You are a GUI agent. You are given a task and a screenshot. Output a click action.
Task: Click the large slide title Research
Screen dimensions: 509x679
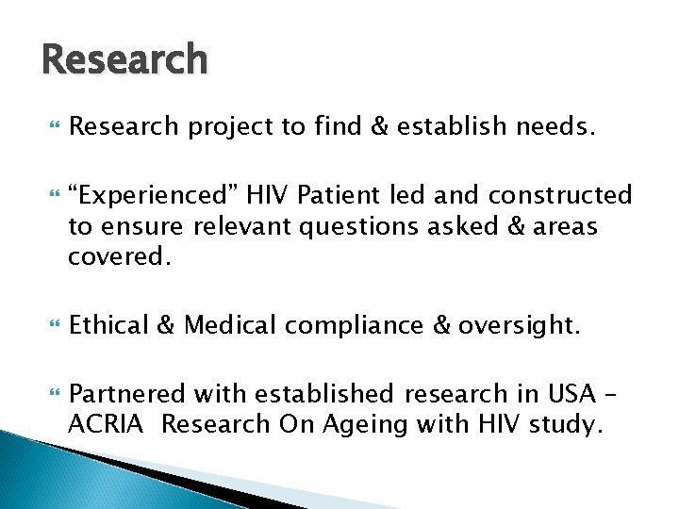[124, 58]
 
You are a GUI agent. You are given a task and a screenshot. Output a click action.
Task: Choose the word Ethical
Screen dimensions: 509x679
[108, 326]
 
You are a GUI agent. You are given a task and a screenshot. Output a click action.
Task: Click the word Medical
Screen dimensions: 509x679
[227, 326]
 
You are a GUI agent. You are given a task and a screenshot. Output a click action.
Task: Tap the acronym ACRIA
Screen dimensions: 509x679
[103, 425]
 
